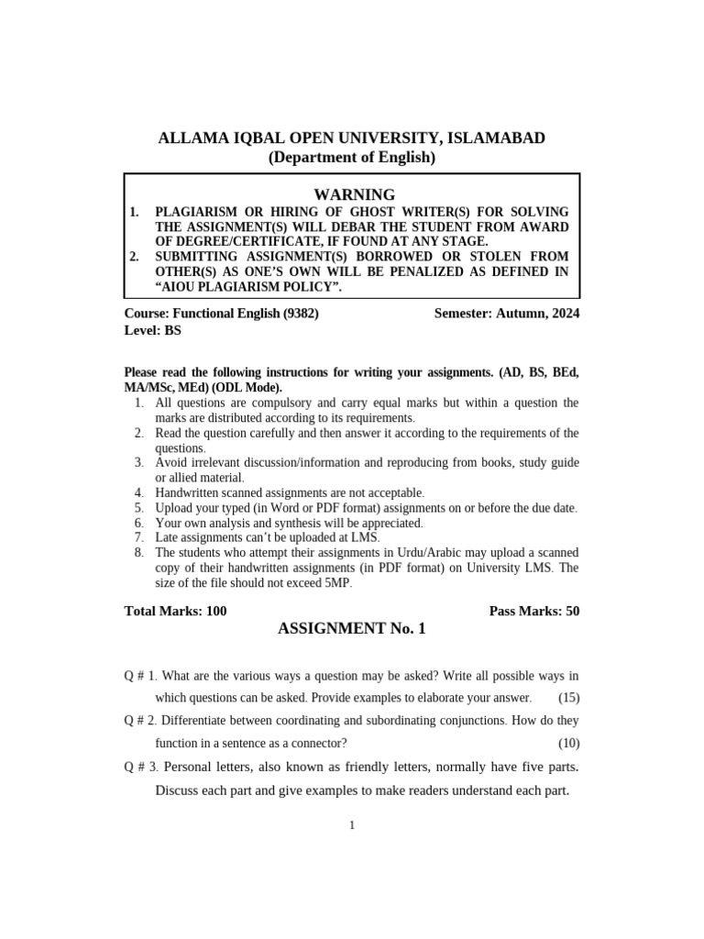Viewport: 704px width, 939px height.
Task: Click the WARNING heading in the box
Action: (x=354, y=194)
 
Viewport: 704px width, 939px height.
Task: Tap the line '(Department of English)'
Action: (x=352, y=158)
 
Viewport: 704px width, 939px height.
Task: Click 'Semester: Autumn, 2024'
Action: (x=507, y=313)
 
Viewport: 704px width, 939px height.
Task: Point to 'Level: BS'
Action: (x=153, y=330)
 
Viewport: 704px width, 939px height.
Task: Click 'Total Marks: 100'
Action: (x=175, y=611)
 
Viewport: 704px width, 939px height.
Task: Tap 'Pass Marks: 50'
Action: (x=534, y=611)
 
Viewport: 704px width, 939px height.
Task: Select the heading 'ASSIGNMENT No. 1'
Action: (x=351, y=629)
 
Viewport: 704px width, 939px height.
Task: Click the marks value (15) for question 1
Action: (x=568, y=698)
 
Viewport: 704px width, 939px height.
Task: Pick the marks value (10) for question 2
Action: (x=568, y=743)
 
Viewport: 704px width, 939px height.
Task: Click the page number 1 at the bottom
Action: (x=351, y=825)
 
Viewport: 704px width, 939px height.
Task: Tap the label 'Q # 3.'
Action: (x=142, y=767)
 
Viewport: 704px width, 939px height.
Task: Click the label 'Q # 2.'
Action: (x=141, y=721)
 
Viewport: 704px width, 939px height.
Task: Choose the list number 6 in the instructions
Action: (x=138, y=523)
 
